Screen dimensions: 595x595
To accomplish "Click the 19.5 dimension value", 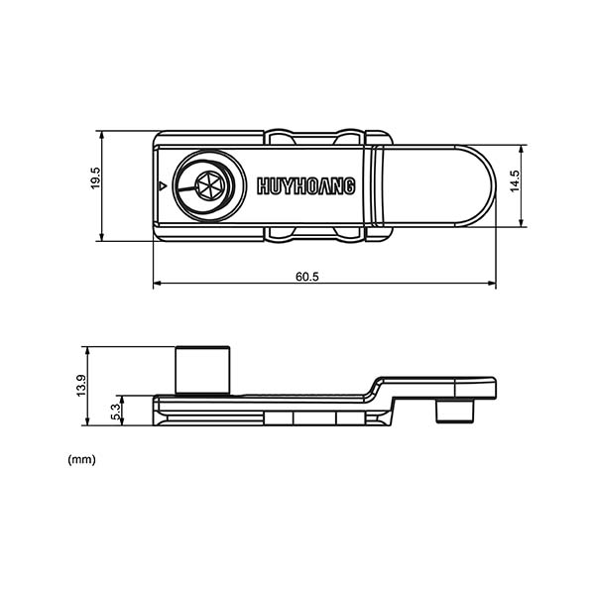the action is [95, 178].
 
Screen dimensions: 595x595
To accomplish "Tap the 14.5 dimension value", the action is [515, 181].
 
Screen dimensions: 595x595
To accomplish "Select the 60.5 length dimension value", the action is [307, 277].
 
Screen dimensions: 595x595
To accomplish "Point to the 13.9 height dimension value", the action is [81, 385].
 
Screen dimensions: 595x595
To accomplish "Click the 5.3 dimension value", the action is [115, 414].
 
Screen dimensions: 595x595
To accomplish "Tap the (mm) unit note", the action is [81, 459].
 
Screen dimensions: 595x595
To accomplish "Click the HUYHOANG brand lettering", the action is [305, 186].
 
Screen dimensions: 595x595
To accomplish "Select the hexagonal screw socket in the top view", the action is [210, 185].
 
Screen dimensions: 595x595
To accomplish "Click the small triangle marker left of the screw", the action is [163, 185].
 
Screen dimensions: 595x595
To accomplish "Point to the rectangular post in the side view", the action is [202, 370].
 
